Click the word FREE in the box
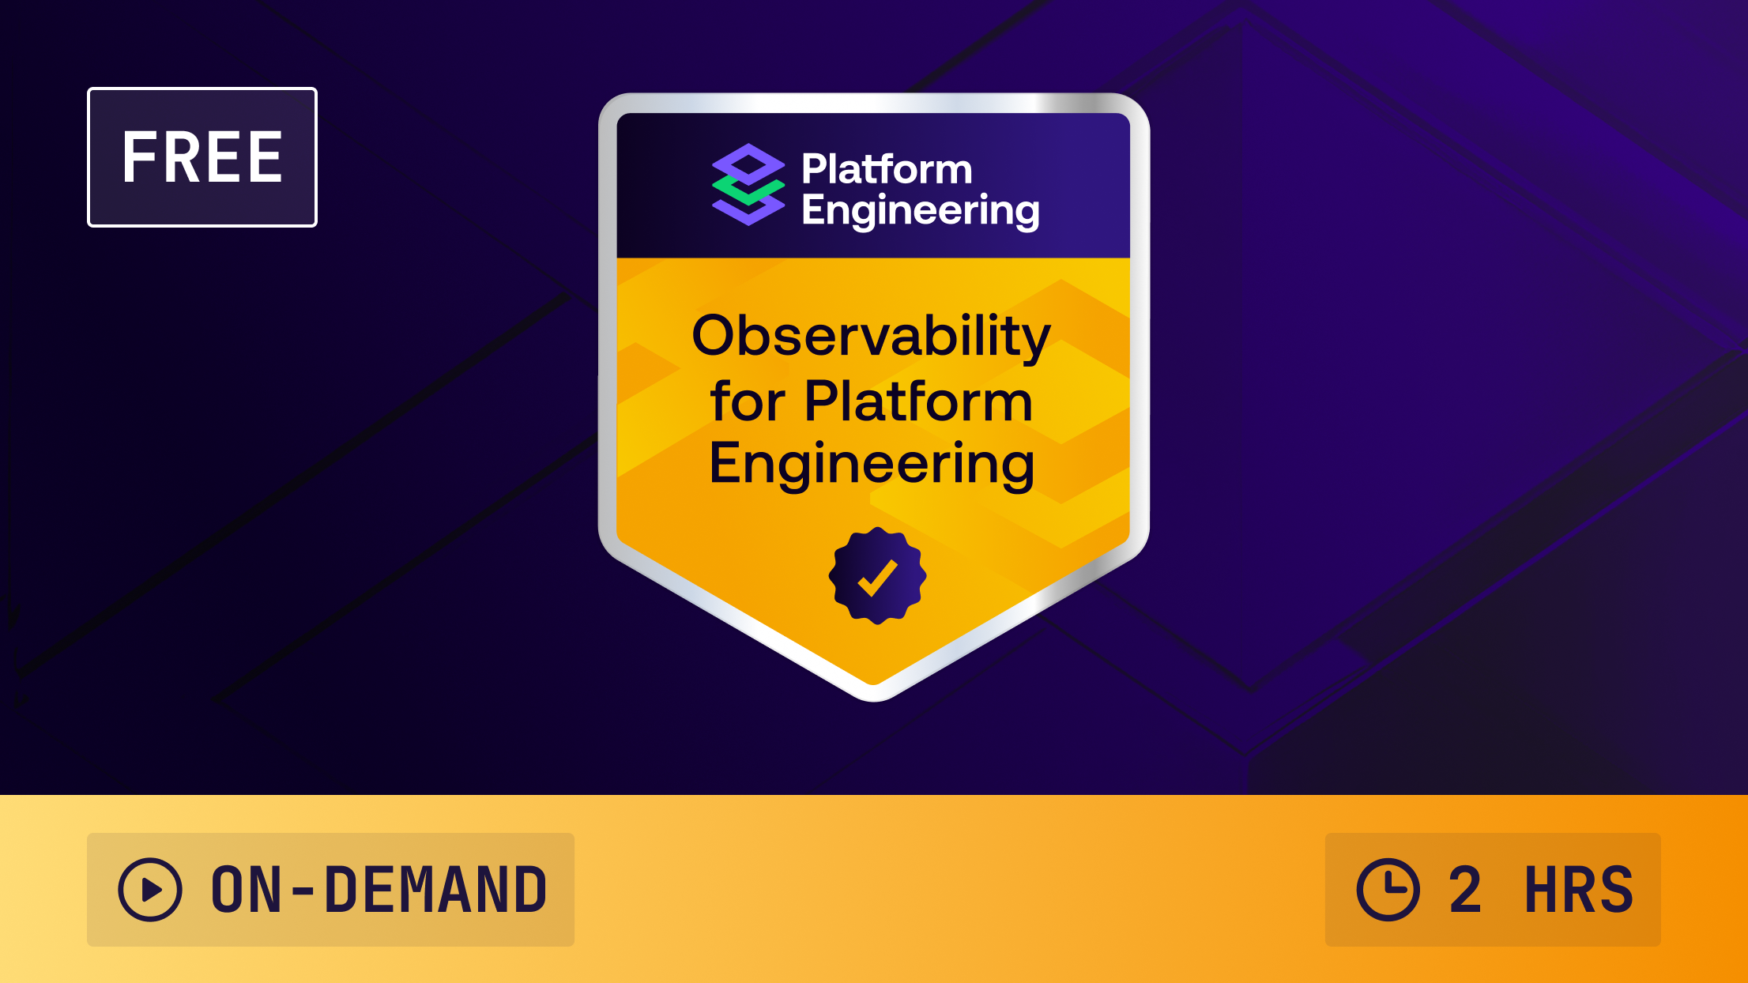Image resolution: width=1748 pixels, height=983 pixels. point(202,157)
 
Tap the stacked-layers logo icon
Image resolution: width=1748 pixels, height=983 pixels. point(748,185)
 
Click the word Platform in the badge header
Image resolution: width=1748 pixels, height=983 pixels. point(887,169)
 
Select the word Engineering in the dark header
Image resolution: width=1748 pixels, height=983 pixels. point(920,210)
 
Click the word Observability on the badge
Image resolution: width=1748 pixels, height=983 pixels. point(871,337)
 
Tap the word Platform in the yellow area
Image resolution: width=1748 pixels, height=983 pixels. point(918,401)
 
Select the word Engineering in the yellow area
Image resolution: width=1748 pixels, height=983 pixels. point(872,464)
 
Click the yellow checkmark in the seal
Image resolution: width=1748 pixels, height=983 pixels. point(877,577)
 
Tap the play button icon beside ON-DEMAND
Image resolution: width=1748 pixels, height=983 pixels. point(150,890)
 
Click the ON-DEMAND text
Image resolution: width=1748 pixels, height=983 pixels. point(379,890)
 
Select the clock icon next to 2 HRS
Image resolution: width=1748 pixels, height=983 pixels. point(1388,890)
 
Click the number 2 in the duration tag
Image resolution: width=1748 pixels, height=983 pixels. point(1464,890)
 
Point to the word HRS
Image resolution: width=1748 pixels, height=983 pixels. point(1578,890)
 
